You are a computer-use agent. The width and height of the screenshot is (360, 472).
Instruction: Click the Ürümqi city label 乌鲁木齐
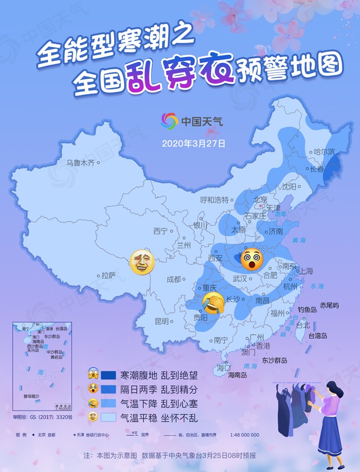80,163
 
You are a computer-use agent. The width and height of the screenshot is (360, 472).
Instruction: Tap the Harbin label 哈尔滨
324,152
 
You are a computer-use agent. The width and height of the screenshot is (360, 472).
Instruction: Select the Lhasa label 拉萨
109,275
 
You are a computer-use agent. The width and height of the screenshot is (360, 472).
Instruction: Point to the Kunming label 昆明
162,321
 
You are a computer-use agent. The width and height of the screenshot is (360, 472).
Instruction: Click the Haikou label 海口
224,367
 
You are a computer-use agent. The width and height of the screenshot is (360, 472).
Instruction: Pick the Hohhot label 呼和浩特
214,200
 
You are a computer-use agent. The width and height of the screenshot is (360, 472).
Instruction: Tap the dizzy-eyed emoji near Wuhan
252,259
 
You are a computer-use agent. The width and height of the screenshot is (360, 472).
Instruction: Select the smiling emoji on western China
142,262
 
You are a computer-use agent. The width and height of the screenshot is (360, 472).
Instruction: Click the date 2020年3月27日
193,143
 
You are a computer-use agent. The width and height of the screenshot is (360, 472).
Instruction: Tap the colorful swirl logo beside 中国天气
169,121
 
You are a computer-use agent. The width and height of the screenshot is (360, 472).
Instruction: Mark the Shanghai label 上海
306,271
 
